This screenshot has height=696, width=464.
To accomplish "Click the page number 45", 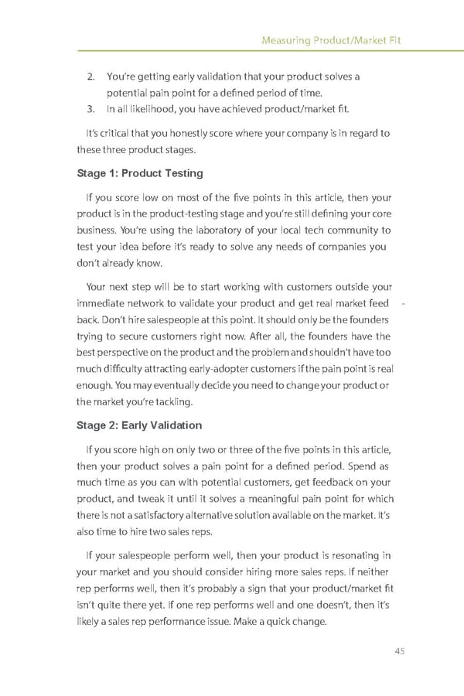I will pos(399,650).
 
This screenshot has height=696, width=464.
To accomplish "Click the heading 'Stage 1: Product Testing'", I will pos(139,172).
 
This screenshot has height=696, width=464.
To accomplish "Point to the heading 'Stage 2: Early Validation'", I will pos(139,425).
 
